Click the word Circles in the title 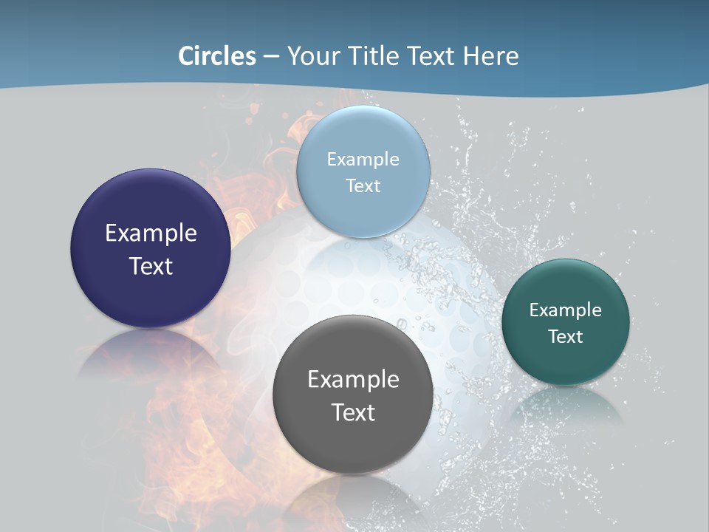[217, 55]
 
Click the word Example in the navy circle [151, 233]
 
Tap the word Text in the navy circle [151, 266]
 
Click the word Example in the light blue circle [363, 159]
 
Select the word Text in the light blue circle [363, 185]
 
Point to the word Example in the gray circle [353, 379]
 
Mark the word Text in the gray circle [353, 412]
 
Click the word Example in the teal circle [566, 310]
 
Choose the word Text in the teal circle [566, 336]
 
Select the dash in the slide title [271, 56]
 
